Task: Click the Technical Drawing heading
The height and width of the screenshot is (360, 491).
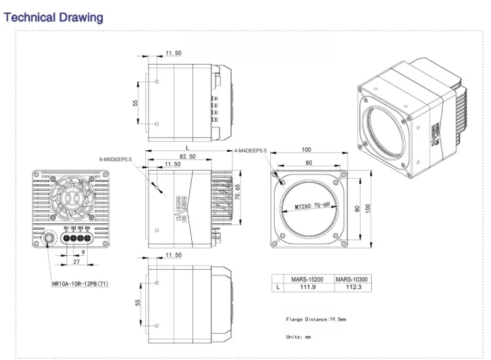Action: click(x=54, y=17)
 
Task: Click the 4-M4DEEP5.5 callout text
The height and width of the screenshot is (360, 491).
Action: click(x=251, y=151)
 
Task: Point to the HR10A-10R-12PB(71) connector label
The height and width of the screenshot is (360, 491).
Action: click(x=81, y=284)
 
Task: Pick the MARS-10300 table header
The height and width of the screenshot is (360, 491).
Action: click(x=352, y=278)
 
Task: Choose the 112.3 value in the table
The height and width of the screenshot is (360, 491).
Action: click(x=352, y=287)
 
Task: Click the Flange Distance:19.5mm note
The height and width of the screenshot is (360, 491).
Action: click(x=316, y=319)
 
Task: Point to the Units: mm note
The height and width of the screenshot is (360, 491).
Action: click(x=299, y=337)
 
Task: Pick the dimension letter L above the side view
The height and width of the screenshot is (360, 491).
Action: click(x=187, y=149)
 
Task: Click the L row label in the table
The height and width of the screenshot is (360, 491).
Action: click(x=280, y=287)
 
